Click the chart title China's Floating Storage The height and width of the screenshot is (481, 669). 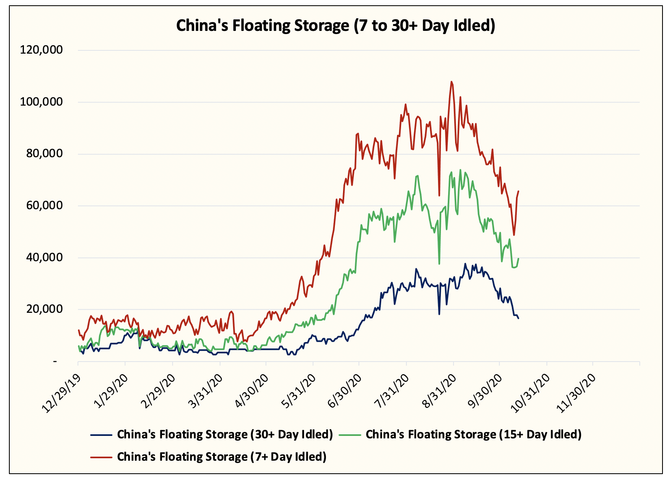[335, 26]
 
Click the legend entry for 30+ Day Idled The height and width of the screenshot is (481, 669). [225, 434]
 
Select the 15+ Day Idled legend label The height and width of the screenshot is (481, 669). [473, 434]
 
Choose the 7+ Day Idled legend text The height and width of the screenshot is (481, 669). [222, 457]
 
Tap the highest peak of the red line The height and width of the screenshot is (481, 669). [451, 81]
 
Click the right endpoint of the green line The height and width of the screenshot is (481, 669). [518, 258]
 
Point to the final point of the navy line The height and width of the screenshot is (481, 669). [518, 318]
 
